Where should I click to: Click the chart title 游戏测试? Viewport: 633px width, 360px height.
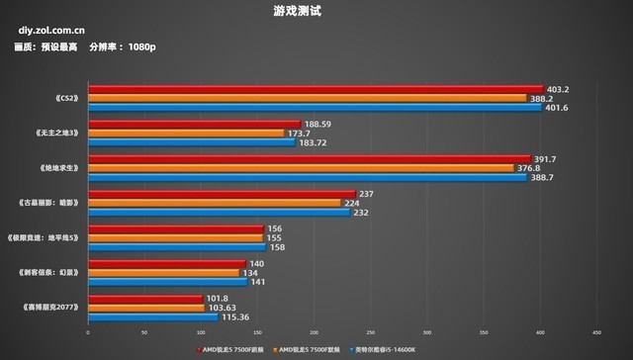(316, 12)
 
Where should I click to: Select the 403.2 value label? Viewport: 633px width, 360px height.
(560, 88)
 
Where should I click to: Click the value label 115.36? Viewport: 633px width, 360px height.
(234, 315)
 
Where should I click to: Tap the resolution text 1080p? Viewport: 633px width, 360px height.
(142, 47)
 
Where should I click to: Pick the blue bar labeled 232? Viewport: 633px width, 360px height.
(220, 212)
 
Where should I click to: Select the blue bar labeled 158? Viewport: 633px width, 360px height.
(178, 247)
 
